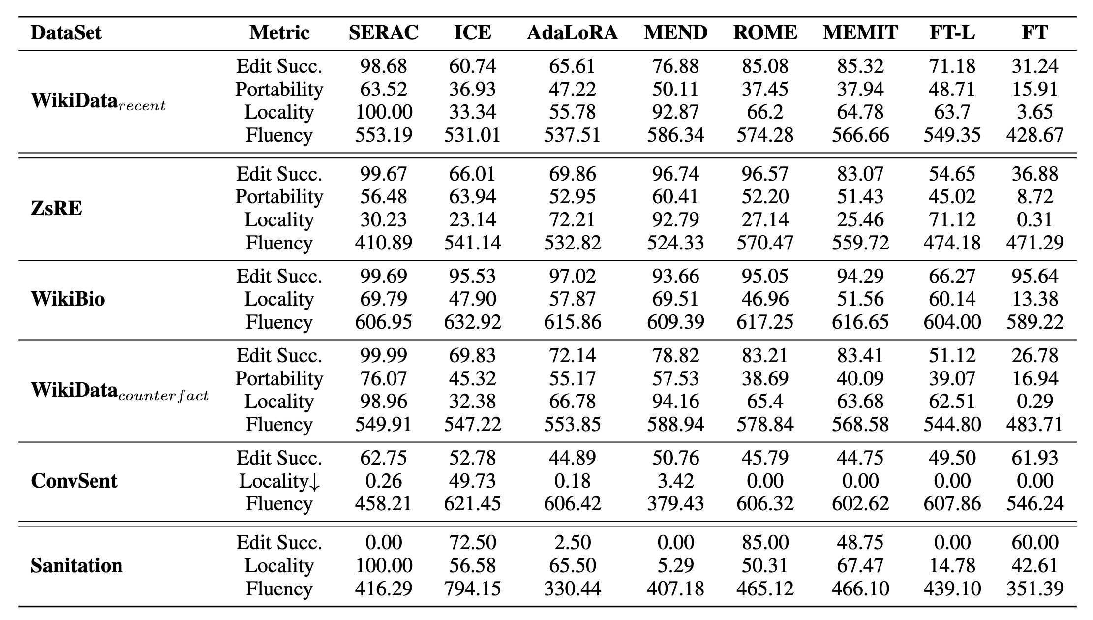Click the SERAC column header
click(384, 33)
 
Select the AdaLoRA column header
click(572, 33)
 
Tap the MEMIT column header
click(860, 33)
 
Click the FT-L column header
click(952, 33)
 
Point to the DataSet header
click(66, 33)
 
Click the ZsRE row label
click(57, 208)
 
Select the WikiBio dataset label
click(68, 299)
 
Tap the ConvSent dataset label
click(74, 481)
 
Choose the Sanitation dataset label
click(77, 565)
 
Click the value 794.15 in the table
click(472, 589)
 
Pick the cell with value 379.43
click(675, 504)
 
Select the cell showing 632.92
click(472, 322)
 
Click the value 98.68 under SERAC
click(384, 66)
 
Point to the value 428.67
click(1035, 135)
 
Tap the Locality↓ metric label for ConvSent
click(279, 481)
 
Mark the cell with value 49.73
click(472, 481)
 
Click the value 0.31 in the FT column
click(1035, 219)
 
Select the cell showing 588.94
click(675, 424)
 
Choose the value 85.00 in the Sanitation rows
click(765, 542)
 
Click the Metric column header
click(279, 33)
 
